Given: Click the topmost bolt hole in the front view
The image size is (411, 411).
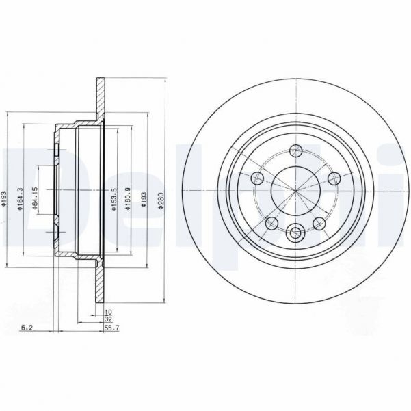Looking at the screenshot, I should pos(295,150).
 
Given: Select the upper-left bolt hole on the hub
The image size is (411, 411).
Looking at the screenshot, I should pos(258,178).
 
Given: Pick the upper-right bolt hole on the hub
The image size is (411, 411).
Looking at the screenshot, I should pos(334,178).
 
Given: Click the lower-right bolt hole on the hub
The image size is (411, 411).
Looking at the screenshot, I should pos(319,222).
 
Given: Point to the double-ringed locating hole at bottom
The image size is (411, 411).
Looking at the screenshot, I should pos(295,233).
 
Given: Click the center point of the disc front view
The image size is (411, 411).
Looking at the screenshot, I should pos(295,189).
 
